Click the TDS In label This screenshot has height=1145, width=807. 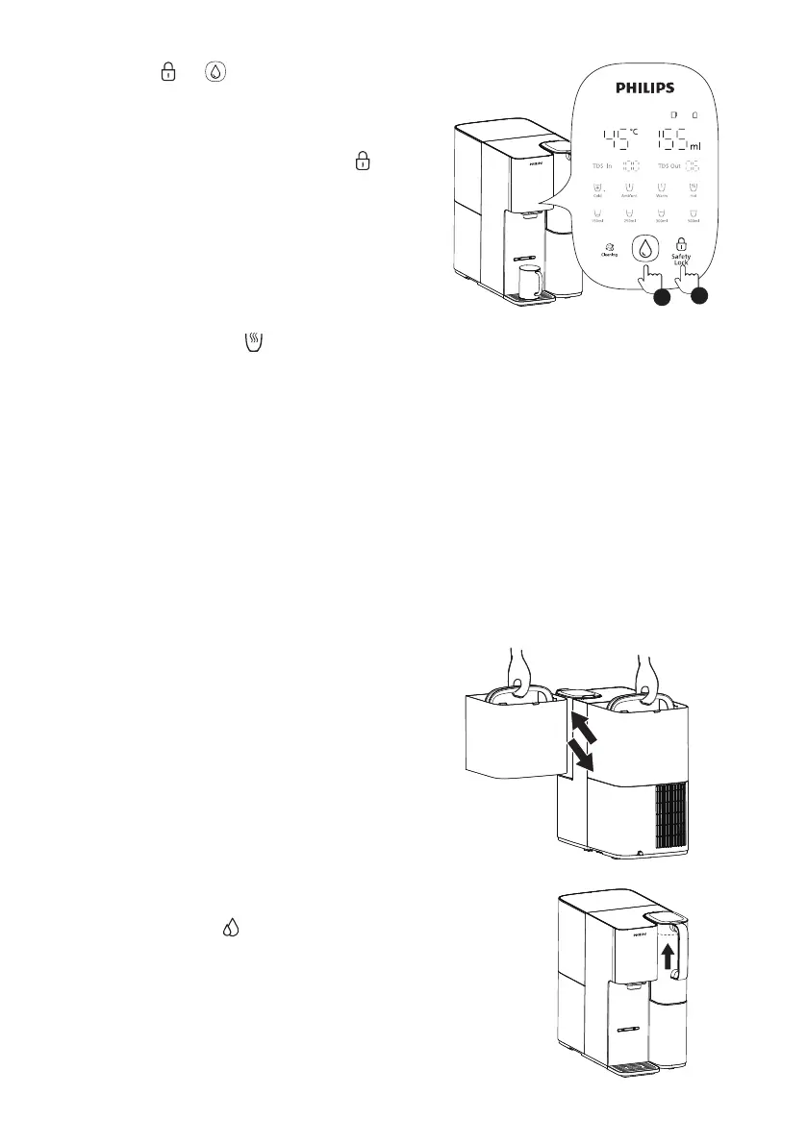603,166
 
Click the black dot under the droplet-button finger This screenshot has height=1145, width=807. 659,297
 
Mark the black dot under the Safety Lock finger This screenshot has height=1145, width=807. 699,297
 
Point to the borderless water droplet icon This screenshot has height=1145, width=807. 231,930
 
